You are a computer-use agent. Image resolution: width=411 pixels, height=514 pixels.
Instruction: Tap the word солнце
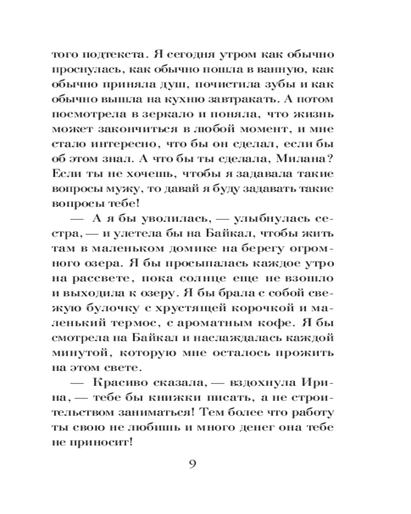216,282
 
